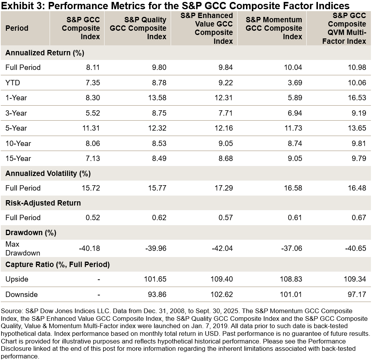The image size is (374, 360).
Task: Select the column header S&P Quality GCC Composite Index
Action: point(145,28)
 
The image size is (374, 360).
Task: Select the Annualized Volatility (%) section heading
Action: point(48,173)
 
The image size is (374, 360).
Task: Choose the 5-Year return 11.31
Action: point(91,128)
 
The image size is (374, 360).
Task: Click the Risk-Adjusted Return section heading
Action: point(43,203)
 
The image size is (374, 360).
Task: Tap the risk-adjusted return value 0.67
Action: point(359,217)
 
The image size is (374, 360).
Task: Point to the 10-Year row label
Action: point(18,143)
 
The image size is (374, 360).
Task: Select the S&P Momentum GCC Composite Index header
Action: point(274,28)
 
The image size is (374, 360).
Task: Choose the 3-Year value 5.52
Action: point(93,113)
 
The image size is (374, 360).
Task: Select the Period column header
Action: point(17,28)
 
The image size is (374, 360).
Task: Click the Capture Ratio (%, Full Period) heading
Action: point(58,264)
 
